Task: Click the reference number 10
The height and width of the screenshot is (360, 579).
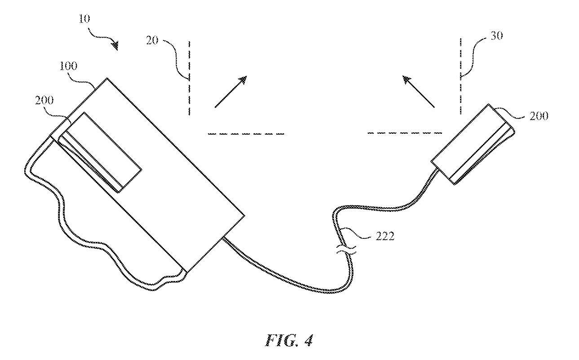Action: [x=84, y=18]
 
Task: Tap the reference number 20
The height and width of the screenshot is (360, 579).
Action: [x=152, y=40]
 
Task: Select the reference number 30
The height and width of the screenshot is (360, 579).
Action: [x=496, y=36]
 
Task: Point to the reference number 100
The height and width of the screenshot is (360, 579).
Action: [x=68, y=66]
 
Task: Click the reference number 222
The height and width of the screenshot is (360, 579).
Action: [x=385, y=236]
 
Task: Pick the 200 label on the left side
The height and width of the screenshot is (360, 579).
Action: [x=44, y=100]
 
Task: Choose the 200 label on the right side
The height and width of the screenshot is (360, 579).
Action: [x=539, y=116]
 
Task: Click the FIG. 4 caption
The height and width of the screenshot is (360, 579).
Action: [x=289, y=341]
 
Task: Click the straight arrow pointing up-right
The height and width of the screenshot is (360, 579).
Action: [x=231, y=92]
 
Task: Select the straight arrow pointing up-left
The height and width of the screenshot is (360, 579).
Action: [x=419, y=92]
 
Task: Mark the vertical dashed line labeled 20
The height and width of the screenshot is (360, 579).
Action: [x=189, y=78]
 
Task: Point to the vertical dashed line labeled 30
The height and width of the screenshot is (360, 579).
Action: [x=460, y=76]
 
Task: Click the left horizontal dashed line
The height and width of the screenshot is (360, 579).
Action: [x=246, y=134]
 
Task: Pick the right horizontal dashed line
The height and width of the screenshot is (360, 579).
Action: [x=405, y=133]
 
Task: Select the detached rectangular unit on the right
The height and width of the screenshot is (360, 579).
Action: [x=473, y=145]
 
